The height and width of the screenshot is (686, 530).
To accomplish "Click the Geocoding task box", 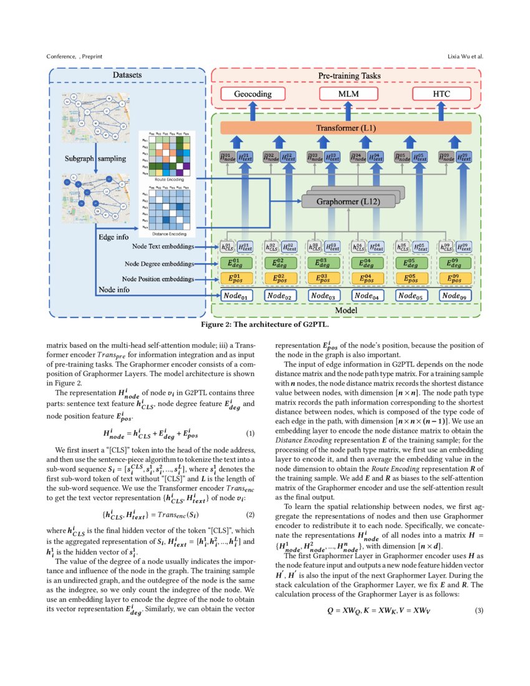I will point(253,94).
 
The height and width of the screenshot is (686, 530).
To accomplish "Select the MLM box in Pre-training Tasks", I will point(344,94).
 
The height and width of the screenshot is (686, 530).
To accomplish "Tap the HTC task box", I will point(441,94).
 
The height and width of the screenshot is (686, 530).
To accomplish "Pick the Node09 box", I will point(456,296).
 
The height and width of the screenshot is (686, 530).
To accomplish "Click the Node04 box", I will point(369,296).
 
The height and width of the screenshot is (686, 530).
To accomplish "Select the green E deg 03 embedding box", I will point(324,263).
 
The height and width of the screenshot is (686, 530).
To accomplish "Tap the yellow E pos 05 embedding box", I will point(412,279).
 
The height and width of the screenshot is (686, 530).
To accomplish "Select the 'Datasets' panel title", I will point(127,75).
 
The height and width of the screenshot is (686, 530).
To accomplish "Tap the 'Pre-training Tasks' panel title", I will point(345,76).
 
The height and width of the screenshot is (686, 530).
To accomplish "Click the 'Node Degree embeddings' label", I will point(158,263).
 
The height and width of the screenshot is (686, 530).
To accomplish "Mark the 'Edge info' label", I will point(114,238).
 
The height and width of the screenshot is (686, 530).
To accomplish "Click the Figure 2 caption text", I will point(265,325).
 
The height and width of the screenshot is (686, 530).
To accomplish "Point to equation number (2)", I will point(251,514).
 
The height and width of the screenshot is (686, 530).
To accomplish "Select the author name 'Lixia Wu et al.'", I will point(465,57).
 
